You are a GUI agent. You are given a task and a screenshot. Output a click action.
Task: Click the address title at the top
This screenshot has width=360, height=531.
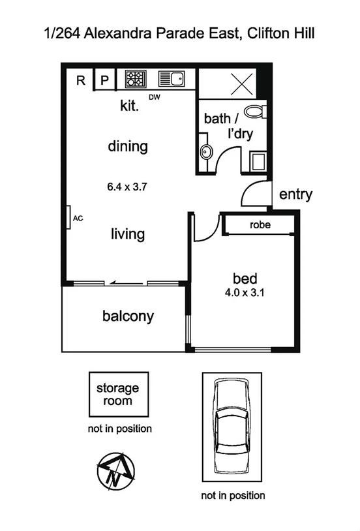click(x=179, y=33)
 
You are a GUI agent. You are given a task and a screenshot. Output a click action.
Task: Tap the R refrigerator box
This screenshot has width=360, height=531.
click(x=81, y=80)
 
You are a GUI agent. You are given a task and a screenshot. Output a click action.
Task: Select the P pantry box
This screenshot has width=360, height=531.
click(x=104, y=80)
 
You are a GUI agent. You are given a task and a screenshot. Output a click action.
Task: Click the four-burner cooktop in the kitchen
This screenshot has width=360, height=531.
click(x=135, y=79)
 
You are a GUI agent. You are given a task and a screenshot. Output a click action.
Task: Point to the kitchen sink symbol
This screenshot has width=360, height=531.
click(x=172, y=79)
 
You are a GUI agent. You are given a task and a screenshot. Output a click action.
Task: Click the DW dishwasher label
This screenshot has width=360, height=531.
click(x=155, y=98)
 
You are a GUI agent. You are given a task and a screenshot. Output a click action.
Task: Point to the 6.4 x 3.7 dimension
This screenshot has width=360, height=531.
click(x=128, y=187)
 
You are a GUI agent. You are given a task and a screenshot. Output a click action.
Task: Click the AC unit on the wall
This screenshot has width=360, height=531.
click(x=68, y=218)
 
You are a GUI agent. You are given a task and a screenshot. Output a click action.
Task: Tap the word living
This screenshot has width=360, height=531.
click(x=128, y=234)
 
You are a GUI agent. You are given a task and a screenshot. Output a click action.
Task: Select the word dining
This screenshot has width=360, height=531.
click(x=128, y=146)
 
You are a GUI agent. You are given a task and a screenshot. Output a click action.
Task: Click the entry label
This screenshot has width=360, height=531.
click(x=295, y=194)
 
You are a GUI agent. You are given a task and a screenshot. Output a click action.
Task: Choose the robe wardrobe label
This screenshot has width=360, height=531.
click(x=260, y=225)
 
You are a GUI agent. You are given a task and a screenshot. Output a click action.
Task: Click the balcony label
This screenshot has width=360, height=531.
click(x=128, y=316)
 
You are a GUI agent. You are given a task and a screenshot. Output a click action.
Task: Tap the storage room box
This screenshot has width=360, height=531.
click(x=118, y=395)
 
